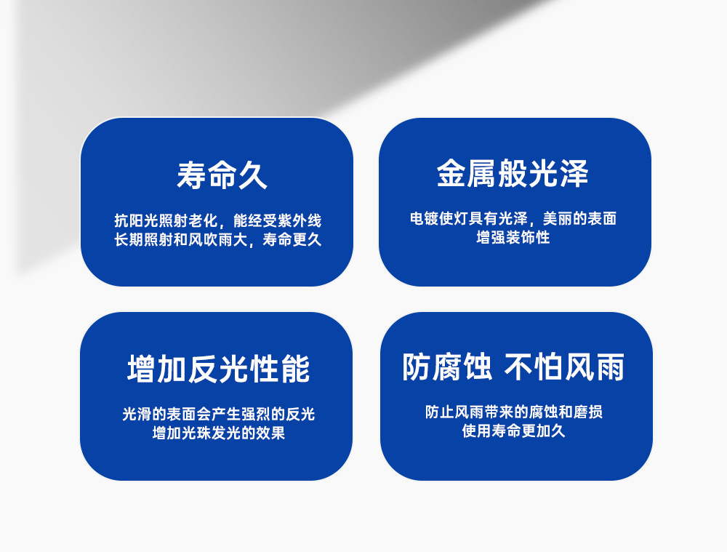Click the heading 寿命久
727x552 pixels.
(x=222, y=175)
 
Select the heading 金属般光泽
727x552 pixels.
(x=513, y=174)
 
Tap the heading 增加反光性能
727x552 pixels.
(x=218, y=369)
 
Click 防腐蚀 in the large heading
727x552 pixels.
(x=447, y=367)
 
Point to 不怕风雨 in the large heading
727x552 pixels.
(x=564, y=367)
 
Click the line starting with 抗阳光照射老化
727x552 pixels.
(x=218, y=220)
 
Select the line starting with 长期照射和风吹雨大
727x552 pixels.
(x=218, y=240)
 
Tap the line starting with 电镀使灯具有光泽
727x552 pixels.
(x=513, y=218)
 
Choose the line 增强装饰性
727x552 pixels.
(x=513, y=238)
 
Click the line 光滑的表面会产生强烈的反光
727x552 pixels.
(x=218, y=414)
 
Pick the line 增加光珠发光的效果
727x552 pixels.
(x=218, y=433)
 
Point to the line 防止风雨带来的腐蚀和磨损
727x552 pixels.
(x=514, y=412)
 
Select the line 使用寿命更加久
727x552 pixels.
(x=514, y=431)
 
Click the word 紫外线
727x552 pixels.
(x=300, y=220)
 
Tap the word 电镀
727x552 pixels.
(x=425, y=218)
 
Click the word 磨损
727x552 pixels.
(x=588, y=412)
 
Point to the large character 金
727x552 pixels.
(x=451, y=174)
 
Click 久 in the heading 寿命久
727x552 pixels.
(x=253, y=175)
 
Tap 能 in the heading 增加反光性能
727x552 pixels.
(x=295, y=369)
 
